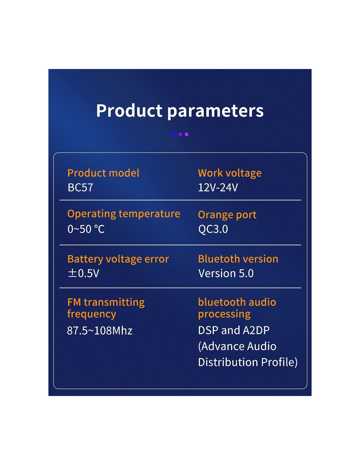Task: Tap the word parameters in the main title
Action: [215, 112]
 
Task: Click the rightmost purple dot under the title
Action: [187, 134]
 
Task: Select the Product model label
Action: [103, 173]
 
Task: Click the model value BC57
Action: [80, 187]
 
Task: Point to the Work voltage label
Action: [229, 173]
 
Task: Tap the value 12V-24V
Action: [218, 187]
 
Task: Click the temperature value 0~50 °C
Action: [86, 229]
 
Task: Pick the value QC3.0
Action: [213, 229]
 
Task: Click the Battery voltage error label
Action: [118, 259]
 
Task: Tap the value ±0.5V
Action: [83, 273]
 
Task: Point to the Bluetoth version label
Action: [238, 259]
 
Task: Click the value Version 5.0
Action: [226, 273]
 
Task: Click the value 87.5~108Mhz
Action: [99, 330]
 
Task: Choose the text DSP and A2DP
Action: [234, 330]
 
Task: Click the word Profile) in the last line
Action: [279, 362]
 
